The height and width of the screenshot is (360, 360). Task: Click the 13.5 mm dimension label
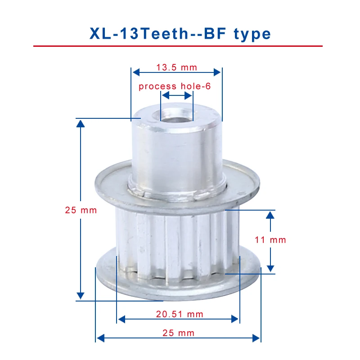pos(177,67)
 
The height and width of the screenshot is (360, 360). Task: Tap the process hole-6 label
pos(175,86)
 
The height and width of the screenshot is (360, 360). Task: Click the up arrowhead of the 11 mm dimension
pos(270,215)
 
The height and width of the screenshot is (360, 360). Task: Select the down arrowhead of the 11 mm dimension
pos(270,268)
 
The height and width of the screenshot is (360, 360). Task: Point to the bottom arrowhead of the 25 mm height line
pos(81,295)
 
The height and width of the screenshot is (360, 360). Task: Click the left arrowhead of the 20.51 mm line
pos(121,319)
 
